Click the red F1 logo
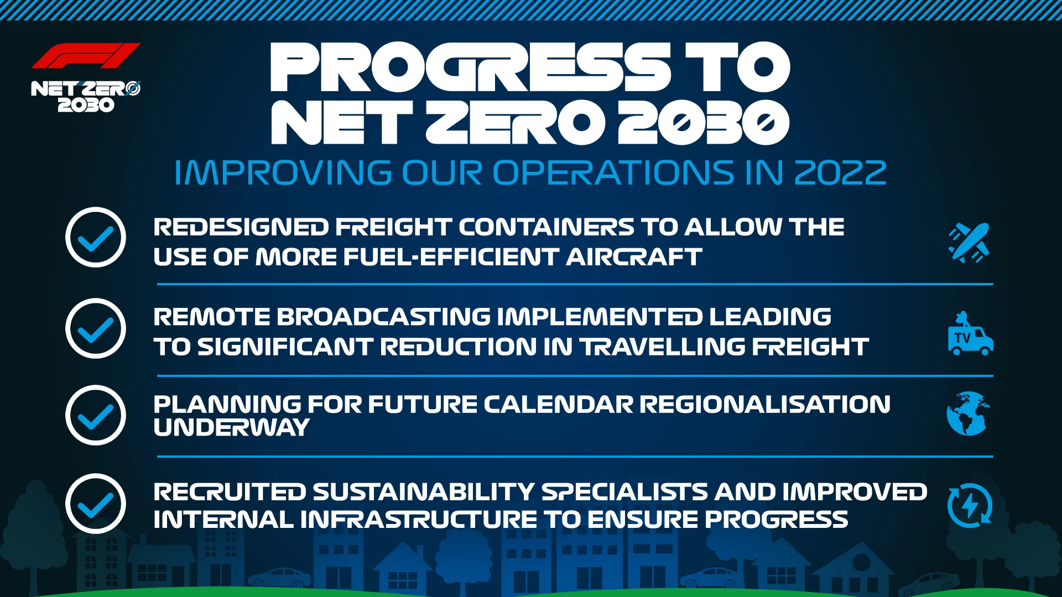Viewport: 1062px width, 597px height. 86,56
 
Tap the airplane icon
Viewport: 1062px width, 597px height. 969,242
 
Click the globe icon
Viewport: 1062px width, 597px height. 967,413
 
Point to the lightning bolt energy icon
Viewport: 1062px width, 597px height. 970,505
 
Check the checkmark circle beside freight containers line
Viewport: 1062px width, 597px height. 96,238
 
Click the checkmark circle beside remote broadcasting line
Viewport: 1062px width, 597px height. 96,329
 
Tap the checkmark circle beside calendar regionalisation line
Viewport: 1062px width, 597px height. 96,415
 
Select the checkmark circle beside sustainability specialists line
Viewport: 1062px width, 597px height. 96,504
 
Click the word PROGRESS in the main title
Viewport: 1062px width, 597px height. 470,67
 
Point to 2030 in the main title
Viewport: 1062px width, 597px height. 704,123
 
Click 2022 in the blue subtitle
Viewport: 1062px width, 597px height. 840,173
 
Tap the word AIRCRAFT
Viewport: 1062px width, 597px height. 634,257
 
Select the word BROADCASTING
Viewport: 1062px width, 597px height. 383,317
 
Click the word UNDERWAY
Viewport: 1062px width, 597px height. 231,427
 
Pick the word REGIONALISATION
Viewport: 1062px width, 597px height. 765,404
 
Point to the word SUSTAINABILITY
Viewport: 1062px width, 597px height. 424,492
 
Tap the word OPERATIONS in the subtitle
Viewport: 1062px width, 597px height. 613,173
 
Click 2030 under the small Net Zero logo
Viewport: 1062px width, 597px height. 86,105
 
